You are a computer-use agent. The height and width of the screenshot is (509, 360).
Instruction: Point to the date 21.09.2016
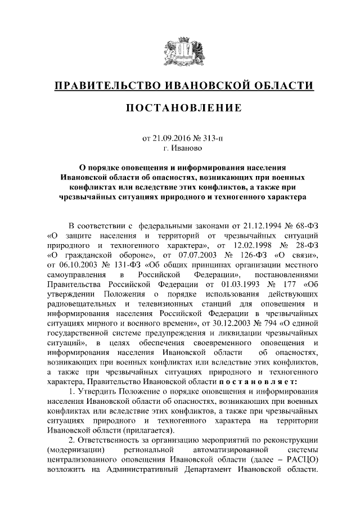(167, 137)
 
